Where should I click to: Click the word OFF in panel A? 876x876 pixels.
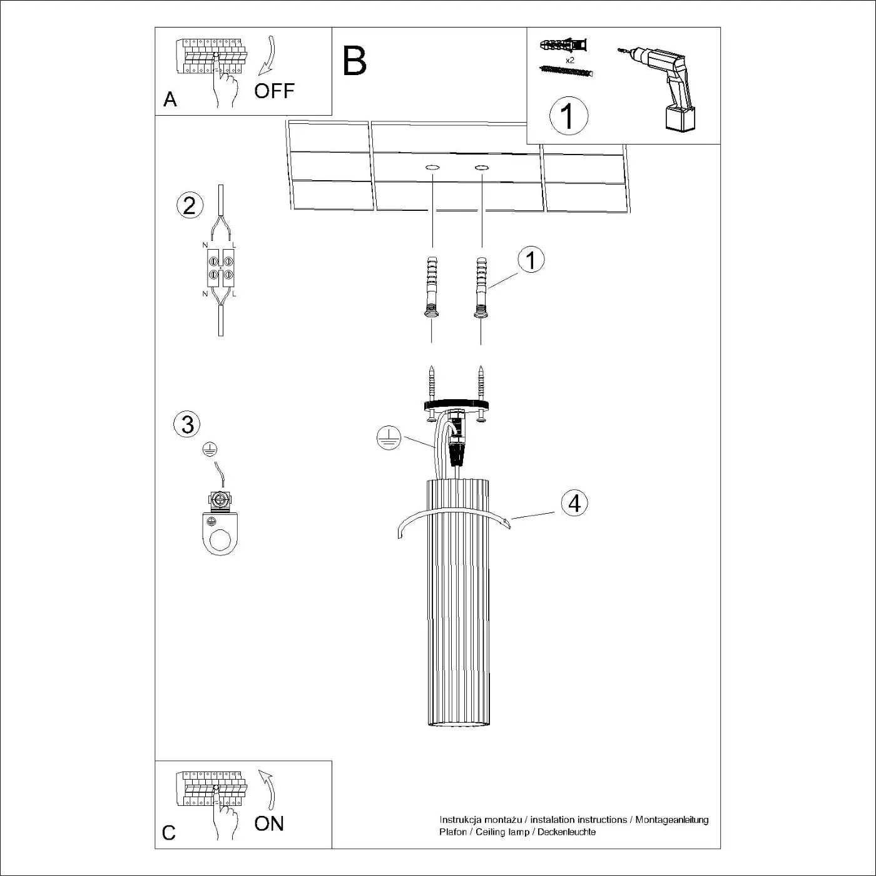[x=274, y=91]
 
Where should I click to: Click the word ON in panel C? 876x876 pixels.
[x=269, y=823]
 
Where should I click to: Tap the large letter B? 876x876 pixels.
[x=354, y=61]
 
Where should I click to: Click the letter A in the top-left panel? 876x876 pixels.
[x=170, y=99]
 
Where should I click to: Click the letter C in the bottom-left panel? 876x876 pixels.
[x=169, y=833]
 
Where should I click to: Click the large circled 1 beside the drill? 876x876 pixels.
[x=568, y=116]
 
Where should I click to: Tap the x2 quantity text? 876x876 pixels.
[x=569, y=60]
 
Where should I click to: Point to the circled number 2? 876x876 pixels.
[x=190, y=205]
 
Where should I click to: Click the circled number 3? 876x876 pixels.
[x=187, y=424]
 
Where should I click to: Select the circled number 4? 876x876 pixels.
[x=574, y=503]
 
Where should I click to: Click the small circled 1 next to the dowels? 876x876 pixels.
[x=531, y=260]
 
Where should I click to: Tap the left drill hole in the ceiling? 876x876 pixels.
[x=432, y=168]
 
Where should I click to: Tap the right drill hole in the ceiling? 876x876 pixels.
[x=481, y=168]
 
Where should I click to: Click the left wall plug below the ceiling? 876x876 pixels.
[x=431, y=288]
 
